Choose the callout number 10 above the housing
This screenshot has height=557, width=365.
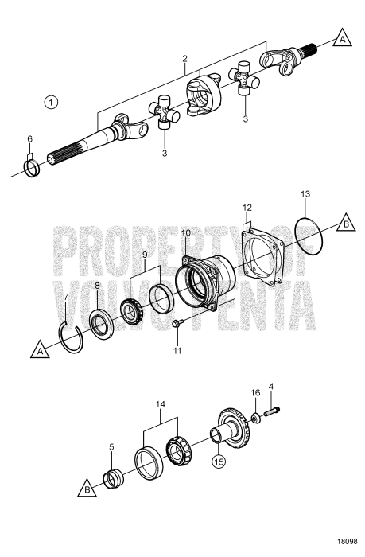pyautogui.click(x=185, y=232)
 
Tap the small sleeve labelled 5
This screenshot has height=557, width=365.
pyautogui.click(x=113, y=482)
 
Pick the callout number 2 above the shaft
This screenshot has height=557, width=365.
pyautogui.click(x=184, y=58)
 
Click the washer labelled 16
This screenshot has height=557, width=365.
pyautogui.click(x=256, y=417)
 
